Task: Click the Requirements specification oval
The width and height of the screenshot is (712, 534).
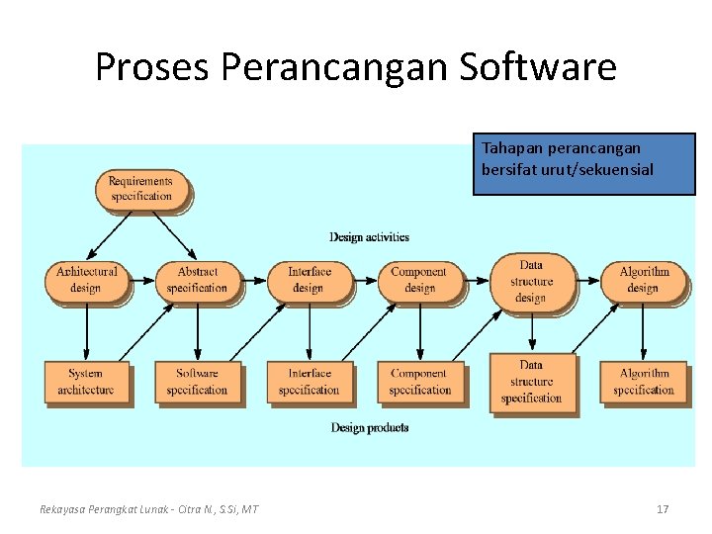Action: [x=140, y=189]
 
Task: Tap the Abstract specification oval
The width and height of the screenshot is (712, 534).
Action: [x=197, y=280]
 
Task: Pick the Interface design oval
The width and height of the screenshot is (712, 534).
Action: [x=308, y=280]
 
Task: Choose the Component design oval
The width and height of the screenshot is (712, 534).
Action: [x=418, y=280]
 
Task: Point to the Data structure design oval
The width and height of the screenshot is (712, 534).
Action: [x=530, y=281]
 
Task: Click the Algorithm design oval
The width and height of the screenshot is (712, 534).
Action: [x=643, y=280]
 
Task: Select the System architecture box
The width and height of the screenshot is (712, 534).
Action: [x=85, y=382]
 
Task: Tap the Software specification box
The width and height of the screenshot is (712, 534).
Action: [x=197, y=382]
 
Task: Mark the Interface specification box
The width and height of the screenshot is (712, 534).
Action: [x=309, y=382]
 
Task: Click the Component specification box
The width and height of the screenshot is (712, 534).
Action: [x=419, y=382]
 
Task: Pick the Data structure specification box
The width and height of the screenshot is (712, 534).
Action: [x=531, y=382]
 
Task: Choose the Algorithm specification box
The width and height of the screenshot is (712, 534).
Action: [x=643, y=382]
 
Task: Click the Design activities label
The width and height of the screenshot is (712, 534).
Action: [x=369, y=236]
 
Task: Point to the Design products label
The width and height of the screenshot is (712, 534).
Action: [x=369, y=428]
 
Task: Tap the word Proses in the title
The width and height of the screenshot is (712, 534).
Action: [x=153, y=67]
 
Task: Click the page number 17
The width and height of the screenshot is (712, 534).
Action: [x=663, y=509]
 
